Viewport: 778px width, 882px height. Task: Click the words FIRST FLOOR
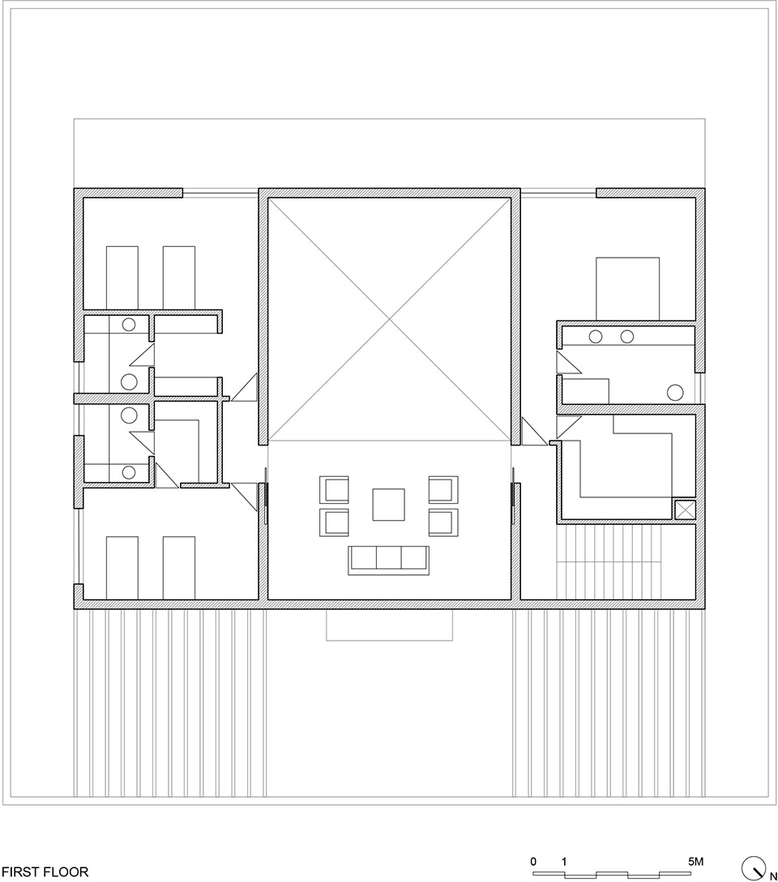45,873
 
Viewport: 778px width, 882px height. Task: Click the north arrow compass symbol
754,867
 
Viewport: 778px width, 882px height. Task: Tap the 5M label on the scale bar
696,861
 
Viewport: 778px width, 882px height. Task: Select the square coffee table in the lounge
388,504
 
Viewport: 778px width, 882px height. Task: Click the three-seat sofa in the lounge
388,560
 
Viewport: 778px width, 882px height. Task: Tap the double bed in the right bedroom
627,288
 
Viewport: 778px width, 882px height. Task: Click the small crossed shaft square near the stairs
685,509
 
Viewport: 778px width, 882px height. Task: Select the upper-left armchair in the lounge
336,490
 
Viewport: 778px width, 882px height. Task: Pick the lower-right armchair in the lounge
442,522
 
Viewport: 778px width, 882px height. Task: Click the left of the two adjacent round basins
596,336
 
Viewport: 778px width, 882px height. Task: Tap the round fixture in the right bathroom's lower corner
675,392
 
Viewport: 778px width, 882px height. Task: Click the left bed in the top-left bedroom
122,278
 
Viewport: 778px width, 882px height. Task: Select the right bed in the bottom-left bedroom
179,566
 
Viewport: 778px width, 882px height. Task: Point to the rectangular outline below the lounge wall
389,624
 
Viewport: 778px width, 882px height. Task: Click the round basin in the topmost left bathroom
128,325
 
